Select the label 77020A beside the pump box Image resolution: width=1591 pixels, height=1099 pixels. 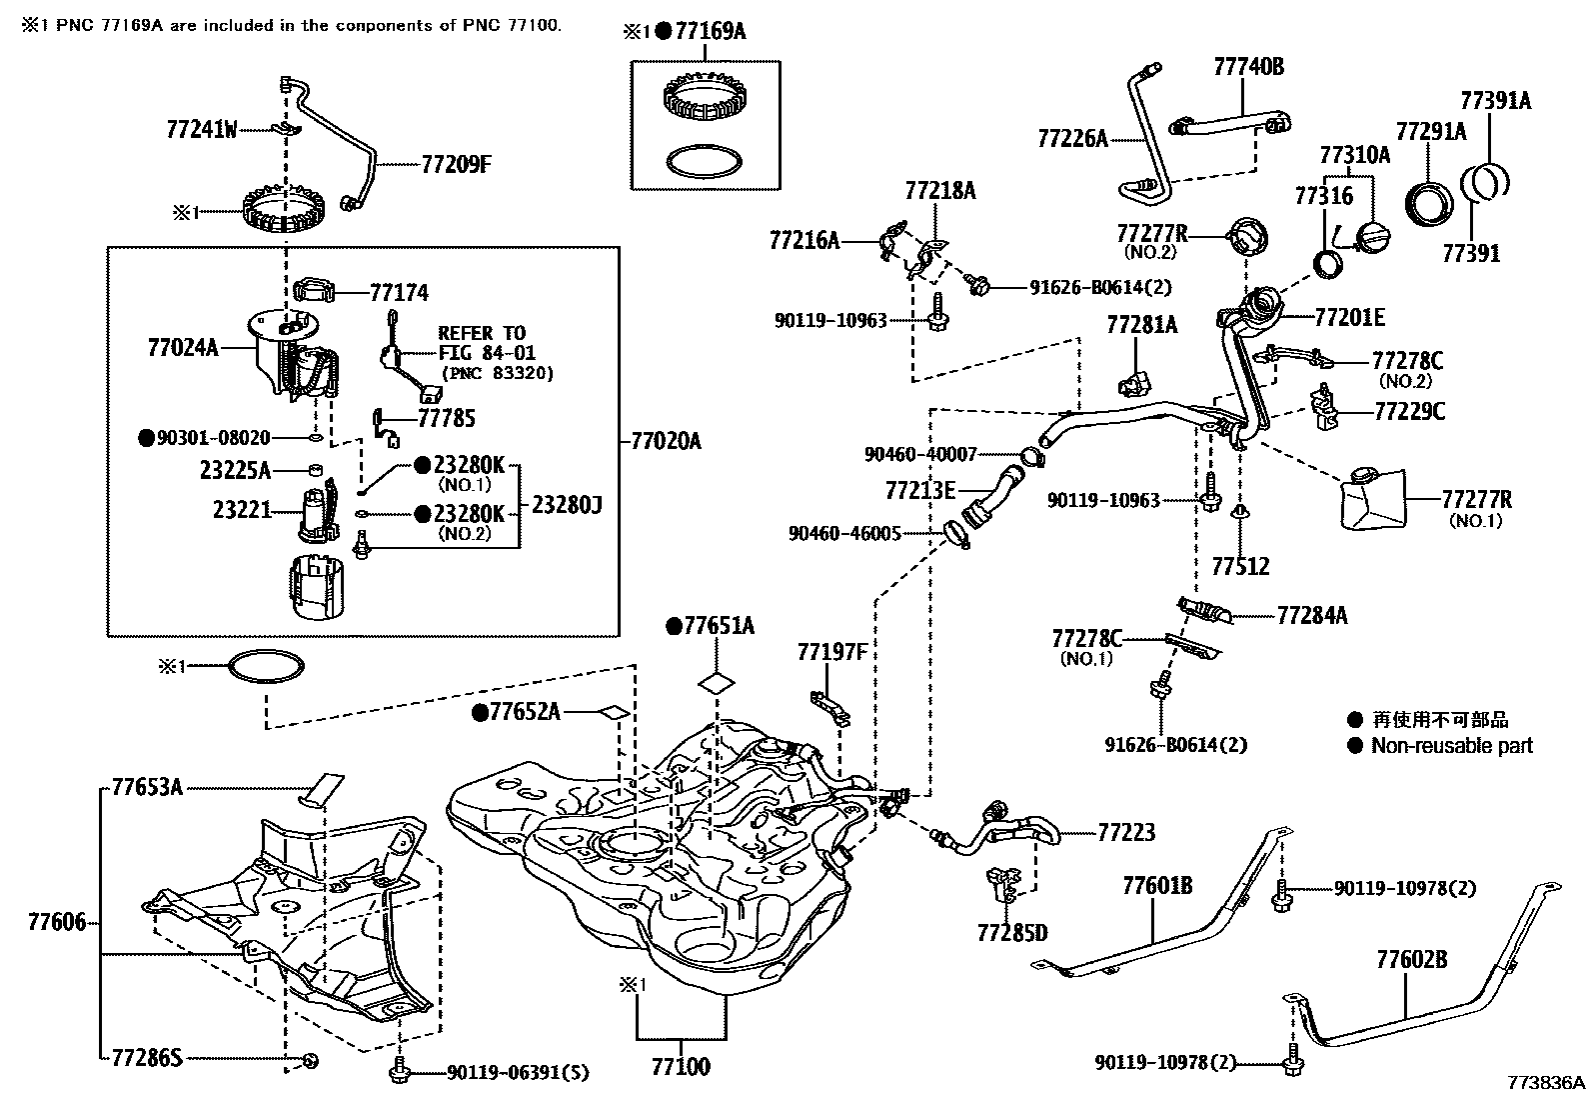[666, 440]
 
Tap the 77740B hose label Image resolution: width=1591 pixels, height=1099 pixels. [1248, 67]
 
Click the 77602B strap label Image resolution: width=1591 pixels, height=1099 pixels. [1411, 960]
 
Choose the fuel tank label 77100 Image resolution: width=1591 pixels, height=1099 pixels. [681, 1066]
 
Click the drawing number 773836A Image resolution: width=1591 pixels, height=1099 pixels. [1546, 1083]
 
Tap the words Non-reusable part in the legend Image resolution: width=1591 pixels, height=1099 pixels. [1451, 745]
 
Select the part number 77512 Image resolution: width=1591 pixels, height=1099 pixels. [1240, 567]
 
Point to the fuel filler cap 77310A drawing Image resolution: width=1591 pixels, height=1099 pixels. [1370, 239]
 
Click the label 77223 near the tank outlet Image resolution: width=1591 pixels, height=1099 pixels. [1126, 832]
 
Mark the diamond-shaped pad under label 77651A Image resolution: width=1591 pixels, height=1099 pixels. [718, 683]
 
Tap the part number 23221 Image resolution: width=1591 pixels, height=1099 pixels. [242, 509]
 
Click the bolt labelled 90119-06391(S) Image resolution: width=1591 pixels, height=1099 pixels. [399, 1073]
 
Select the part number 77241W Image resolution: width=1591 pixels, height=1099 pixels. [202, 129]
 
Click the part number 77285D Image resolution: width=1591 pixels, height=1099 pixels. [1012, 933]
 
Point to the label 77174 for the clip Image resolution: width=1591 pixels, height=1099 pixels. [399, 293]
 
